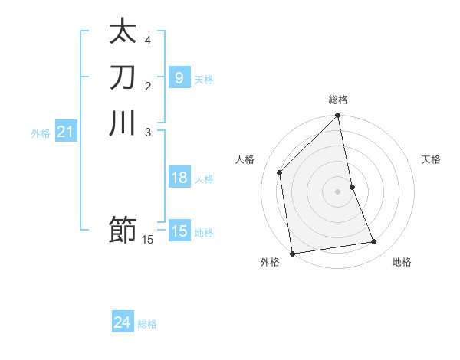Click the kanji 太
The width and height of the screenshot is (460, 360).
click(123, 33)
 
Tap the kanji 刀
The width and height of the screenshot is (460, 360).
click(123, 78)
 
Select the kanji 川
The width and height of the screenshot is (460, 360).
click(123, 123)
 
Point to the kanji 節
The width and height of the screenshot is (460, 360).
click(123, 229)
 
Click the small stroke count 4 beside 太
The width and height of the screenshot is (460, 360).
click(148, 40)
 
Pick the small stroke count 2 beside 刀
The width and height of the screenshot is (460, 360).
click(148, 85)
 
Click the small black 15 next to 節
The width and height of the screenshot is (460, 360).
click(148, 240)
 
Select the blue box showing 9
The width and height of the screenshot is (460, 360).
click(179, 77)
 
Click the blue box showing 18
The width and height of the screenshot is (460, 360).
click(179, 178)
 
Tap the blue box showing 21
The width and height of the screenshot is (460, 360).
click(65, 133)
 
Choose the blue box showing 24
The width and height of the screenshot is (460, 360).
click(123, 323)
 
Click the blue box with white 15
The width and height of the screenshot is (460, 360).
click(179, 231)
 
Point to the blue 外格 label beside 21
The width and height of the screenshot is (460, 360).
click(41, 133)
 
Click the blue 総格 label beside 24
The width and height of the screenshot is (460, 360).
click(147, 324)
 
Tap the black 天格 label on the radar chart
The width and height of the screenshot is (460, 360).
click(431, 159)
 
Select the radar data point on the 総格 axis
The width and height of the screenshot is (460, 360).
click(338, 116)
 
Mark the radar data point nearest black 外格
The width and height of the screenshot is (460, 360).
click(292, 254)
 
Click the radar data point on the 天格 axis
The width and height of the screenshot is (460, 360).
click(352, 187)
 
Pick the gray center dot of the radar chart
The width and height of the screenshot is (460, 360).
click(338, 191)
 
